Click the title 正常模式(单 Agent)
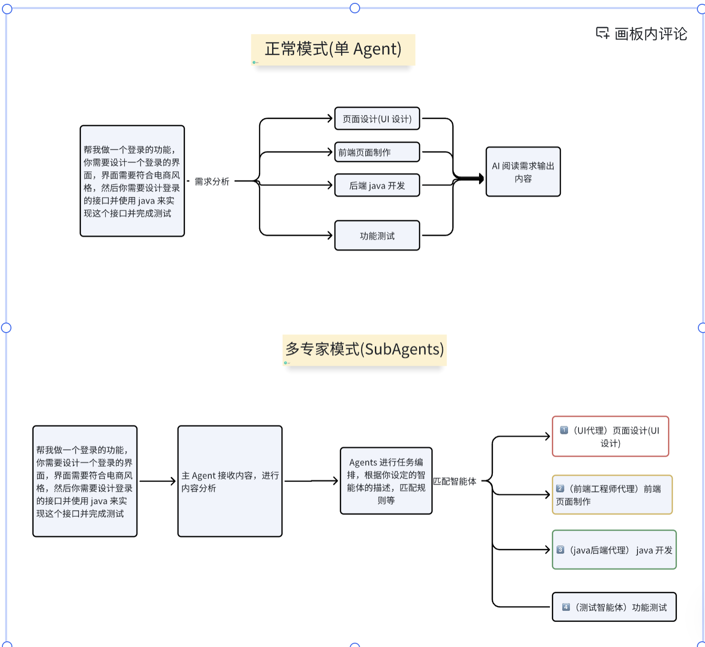(x=333, y=49)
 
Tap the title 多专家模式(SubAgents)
(x=364, y=350)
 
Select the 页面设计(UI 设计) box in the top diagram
(x=377, y=119)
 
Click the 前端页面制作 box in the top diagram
(x=377, y=152)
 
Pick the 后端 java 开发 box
(x=377, y=186)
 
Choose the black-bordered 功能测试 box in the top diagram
(x=377, y=235)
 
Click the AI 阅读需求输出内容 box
(x=523, y=172)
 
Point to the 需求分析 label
(x=212, y=181)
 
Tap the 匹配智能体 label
(x=455, y=481)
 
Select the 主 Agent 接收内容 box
(x=230, y=481)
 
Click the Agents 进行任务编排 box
(x=386, y=481)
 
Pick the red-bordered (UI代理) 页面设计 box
(x=610, y=437)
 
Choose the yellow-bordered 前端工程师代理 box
(x=612, y=495)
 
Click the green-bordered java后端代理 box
(x=614, y=550)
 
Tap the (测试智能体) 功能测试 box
(x=614, y=607)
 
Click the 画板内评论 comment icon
(x=603, y=33)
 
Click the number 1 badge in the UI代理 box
(x=564, y=430)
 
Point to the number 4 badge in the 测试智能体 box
(x=566, y=607)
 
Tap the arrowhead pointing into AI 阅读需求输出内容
(x=481, y=179)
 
